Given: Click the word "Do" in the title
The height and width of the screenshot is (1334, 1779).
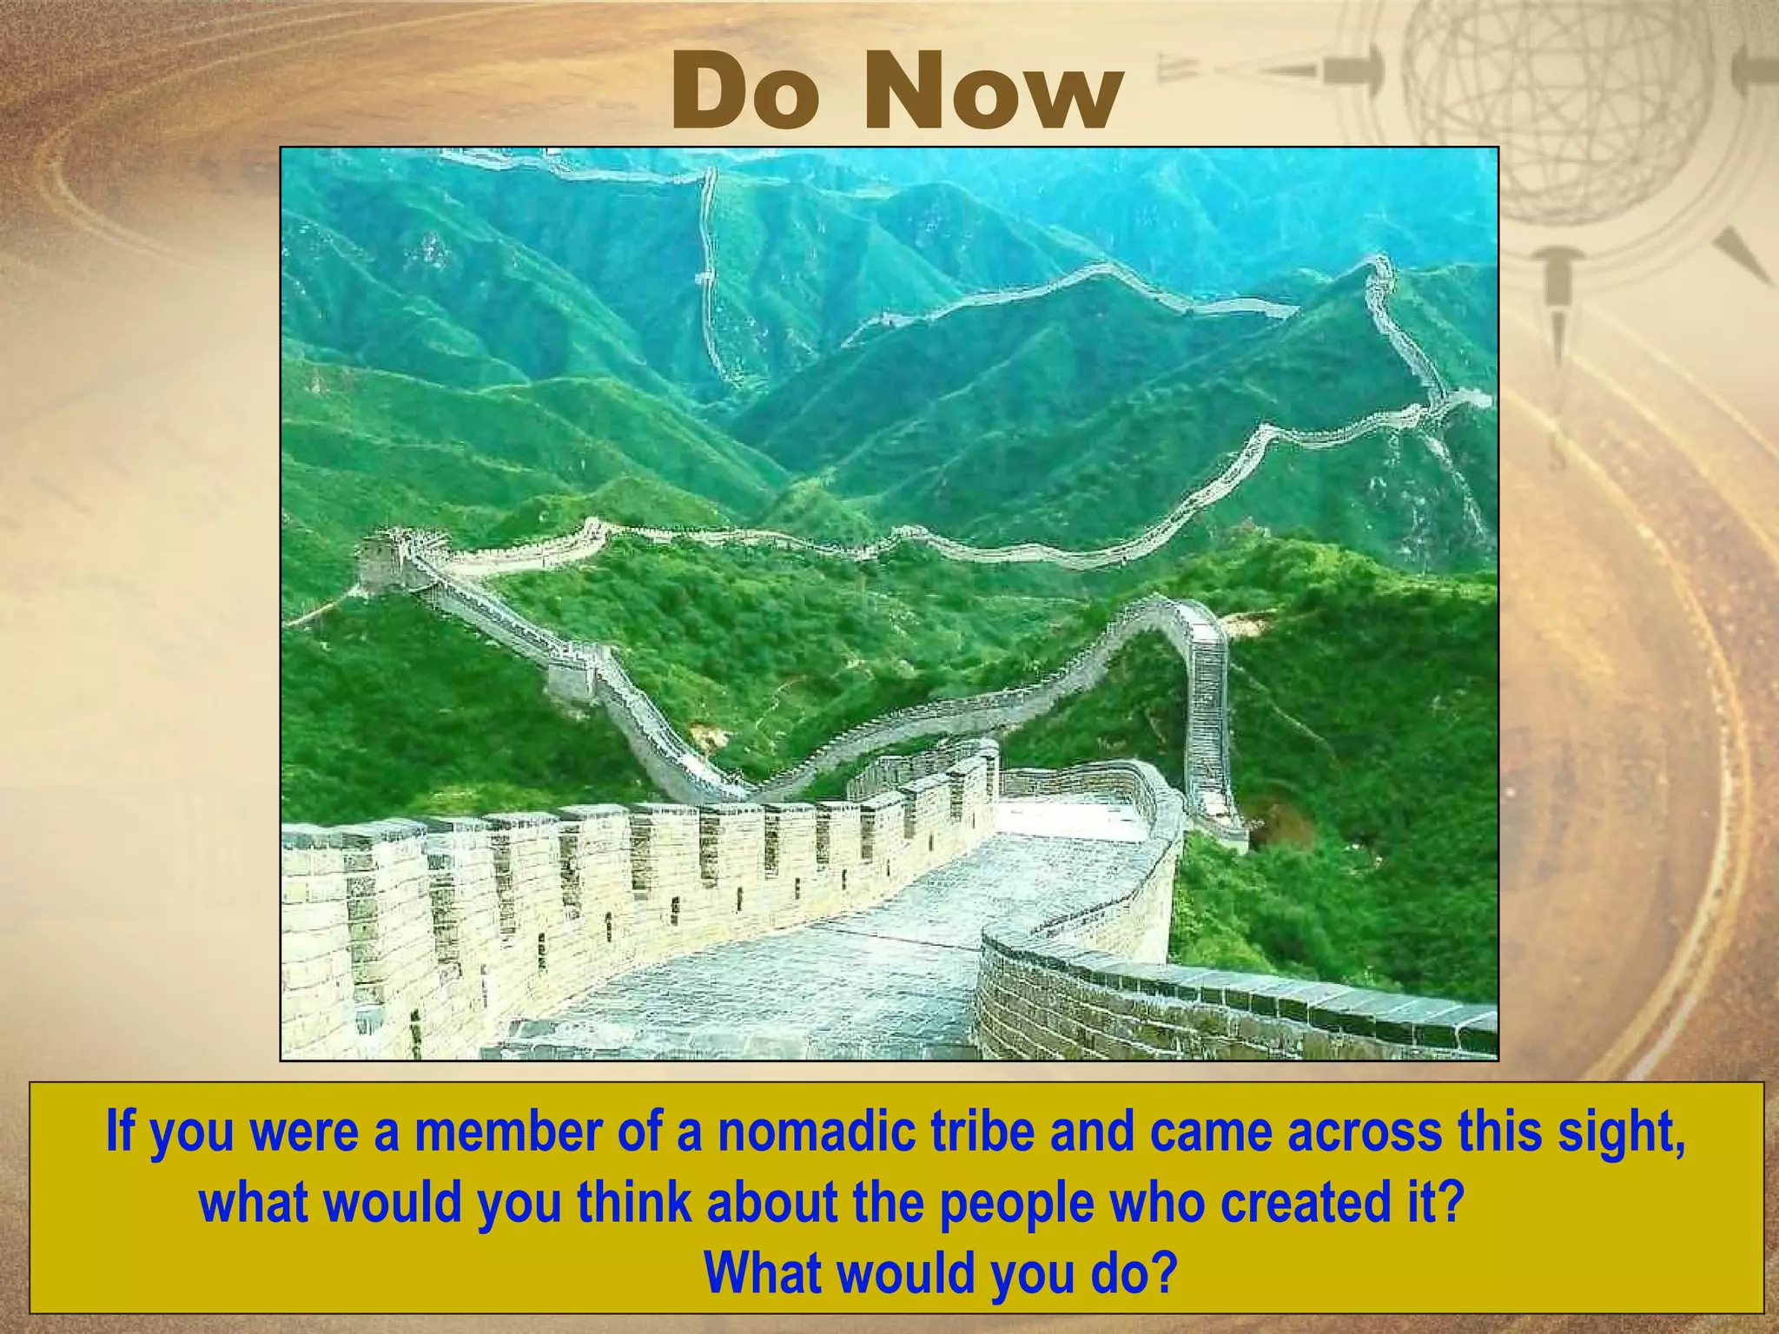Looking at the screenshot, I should coord(745,93).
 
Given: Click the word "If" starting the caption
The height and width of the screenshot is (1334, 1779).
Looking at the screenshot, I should coord(119,1132).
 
